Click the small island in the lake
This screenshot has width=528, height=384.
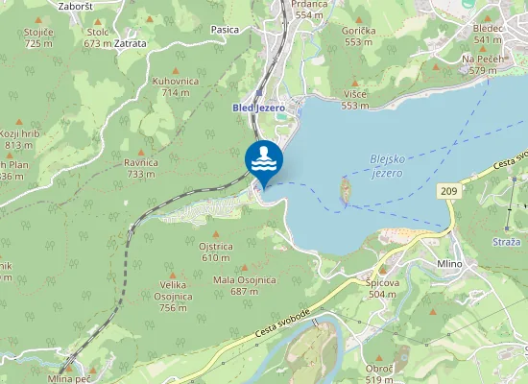(x=345, y=190)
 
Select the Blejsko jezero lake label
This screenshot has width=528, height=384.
(x=386, y=166)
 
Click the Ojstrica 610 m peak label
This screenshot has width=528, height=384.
(x=216, y=252)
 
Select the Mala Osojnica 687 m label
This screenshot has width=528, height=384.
(x=245, y=285)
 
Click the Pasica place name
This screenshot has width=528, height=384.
(x=225, y=30)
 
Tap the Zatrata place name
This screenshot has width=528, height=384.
(x=130, y=43)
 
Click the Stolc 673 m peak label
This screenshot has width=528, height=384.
(x=98, y=37)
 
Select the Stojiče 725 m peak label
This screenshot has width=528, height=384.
(x=38, y=37)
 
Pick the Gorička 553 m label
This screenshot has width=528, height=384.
(x=358, y=36)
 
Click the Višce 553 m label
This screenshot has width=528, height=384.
(x=354, y=100)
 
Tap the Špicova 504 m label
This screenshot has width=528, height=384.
(x=382, y=288)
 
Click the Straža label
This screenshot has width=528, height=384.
(x=505, y=241)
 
